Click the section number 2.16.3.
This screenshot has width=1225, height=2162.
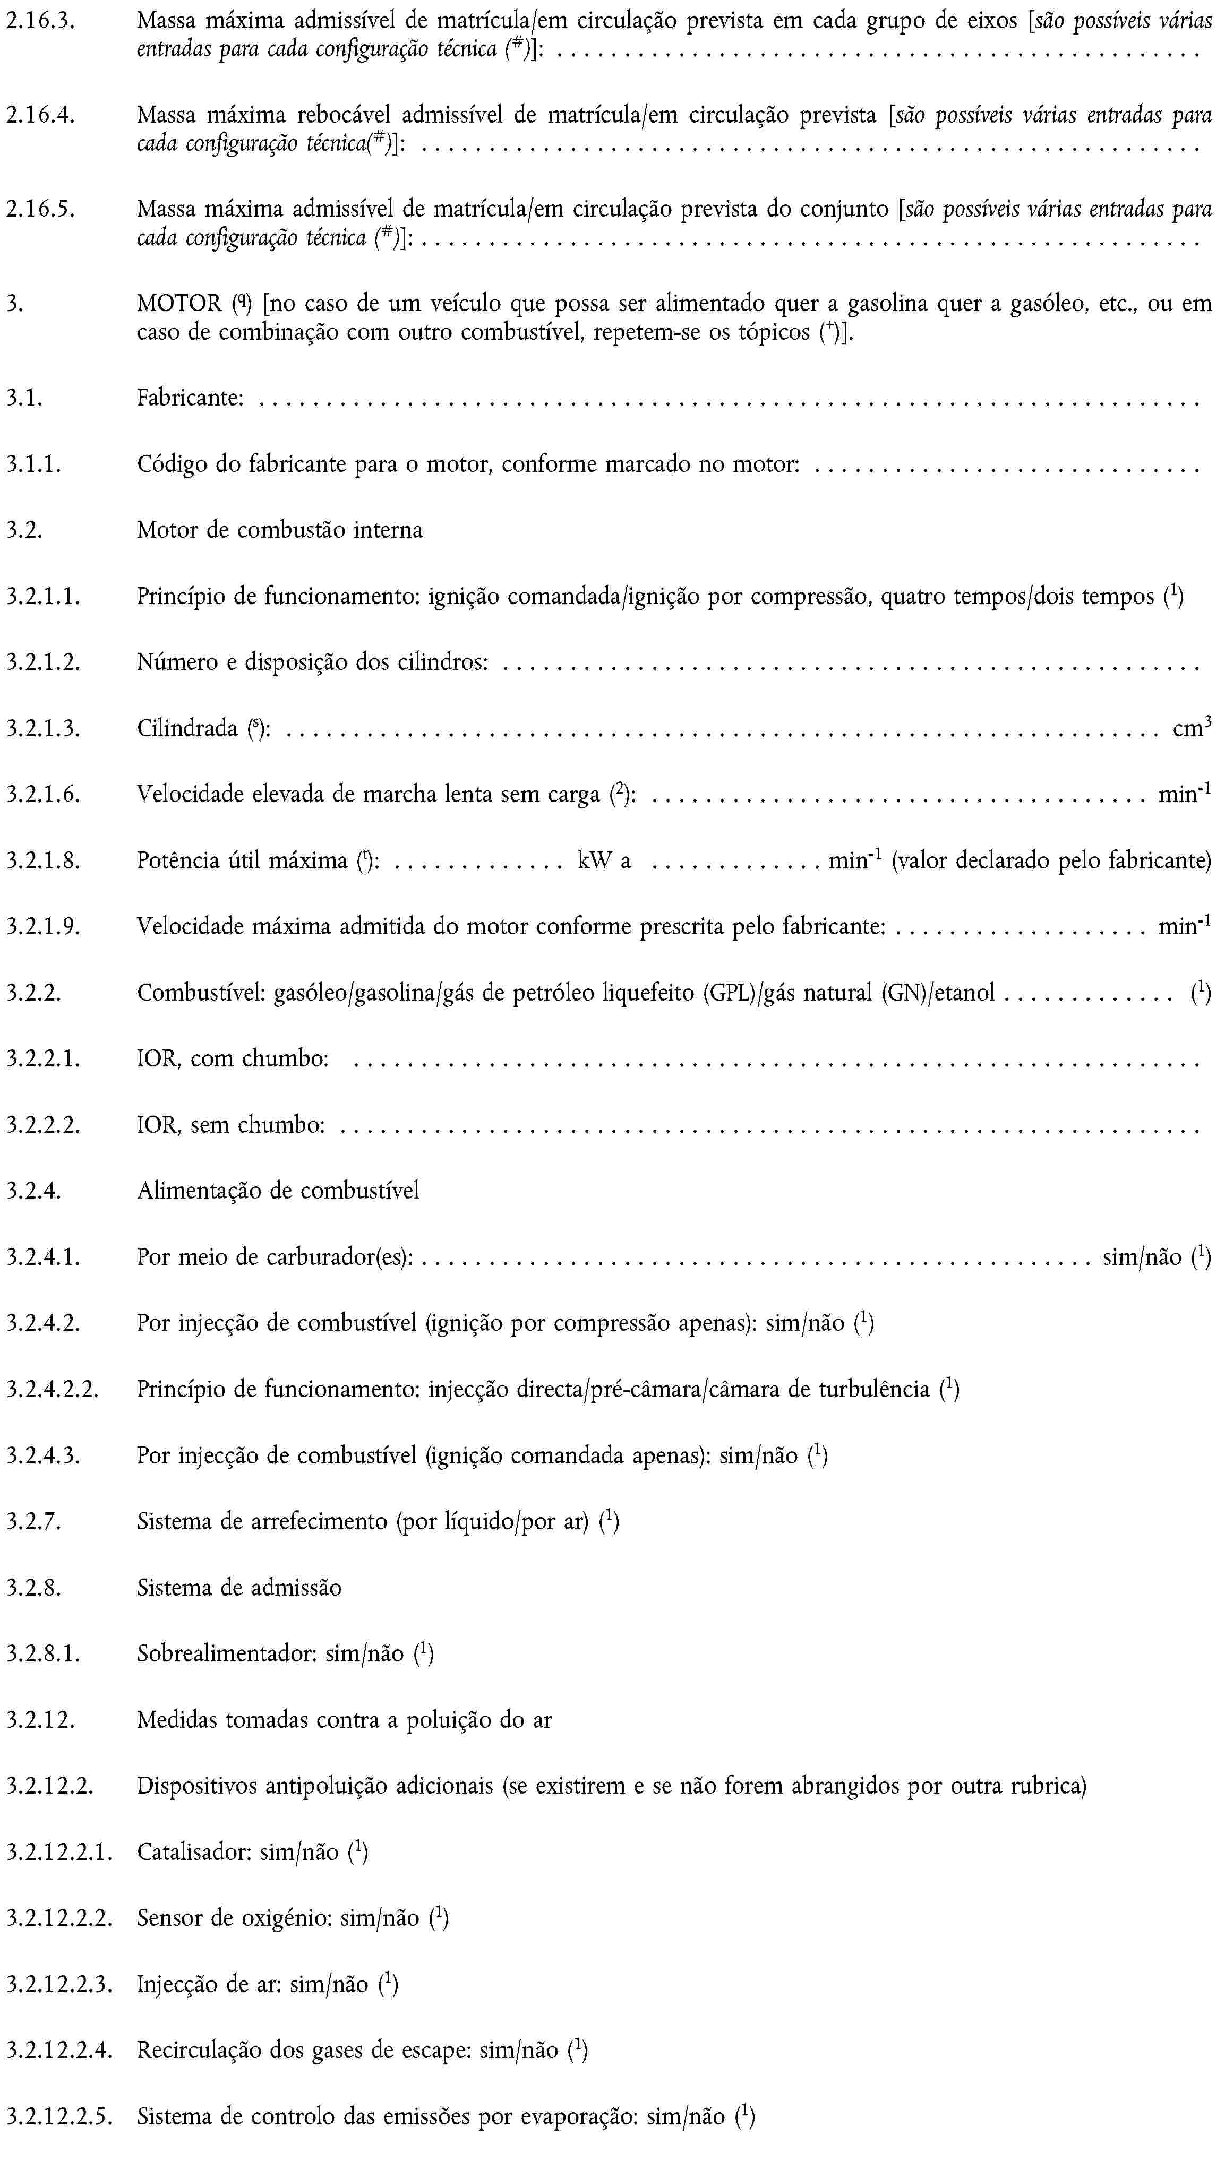[x=40, y=20]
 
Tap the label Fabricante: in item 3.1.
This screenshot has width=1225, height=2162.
[x=190, y=397]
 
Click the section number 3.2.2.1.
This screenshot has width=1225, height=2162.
[x=44, y=1058]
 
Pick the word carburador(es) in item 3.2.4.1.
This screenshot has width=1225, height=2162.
[x=339, y=1256]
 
